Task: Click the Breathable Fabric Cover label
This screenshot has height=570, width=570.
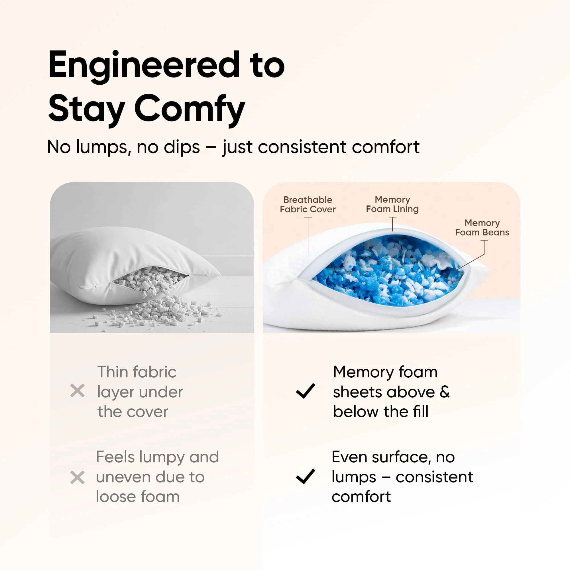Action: tap(308, 204)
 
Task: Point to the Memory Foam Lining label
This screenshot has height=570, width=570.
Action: tap(392, 204)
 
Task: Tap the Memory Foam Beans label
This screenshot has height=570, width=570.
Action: tap(482, 227)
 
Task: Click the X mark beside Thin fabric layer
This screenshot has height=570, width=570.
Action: tap(77, 391)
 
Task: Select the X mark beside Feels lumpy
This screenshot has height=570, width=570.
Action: tap(77, 477)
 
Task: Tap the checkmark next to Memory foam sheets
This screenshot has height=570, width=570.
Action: tap(305, 391)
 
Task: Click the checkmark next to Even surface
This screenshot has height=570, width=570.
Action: tap(305, 476)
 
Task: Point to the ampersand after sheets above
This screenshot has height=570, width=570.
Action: tap(444, 392)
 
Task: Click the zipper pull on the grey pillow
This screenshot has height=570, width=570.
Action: tap(111, 286)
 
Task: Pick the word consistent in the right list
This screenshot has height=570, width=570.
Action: tap(434, 477)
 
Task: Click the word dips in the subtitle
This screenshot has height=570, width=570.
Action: tap(182, 147)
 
